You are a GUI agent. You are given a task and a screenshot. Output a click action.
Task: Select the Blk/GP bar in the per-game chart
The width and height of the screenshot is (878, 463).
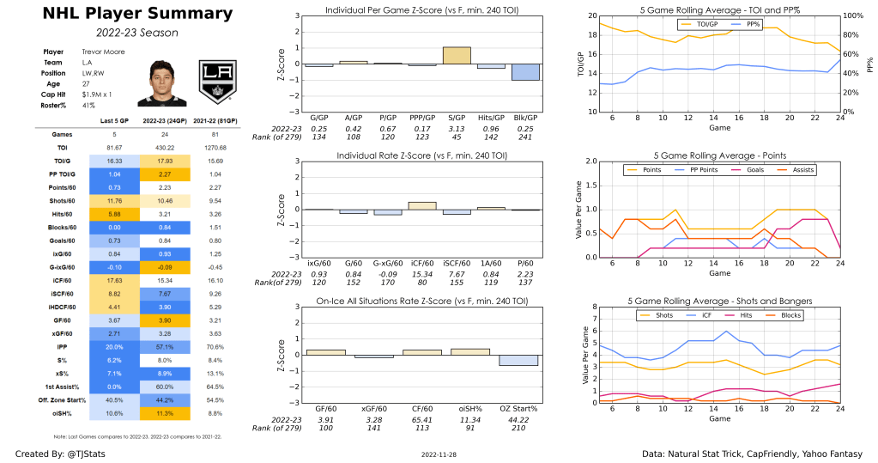(x=525, y=72)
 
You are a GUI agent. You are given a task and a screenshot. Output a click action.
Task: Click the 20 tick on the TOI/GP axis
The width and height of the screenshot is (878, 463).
(x=589, y=16)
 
